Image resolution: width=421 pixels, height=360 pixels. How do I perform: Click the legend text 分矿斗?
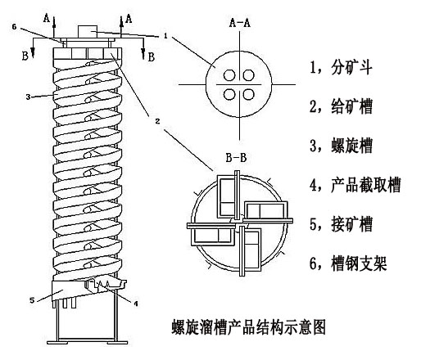(x=352, y=67)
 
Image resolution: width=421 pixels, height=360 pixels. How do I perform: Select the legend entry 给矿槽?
(x=352, y=106)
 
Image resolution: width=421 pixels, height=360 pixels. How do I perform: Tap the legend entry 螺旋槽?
(x=352, y=146)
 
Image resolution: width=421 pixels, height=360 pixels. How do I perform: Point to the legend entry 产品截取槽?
(x=366, y=185)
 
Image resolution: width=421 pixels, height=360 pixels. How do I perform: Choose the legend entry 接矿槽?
(x=352, y=224)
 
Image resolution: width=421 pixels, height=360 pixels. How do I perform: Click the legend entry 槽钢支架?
(x=359, y=263)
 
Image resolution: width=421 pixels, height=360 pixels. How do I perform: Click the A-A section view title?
(x=240, y=23)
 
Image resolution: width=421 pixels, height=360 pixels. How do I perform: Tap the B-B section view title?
(x=237, y=158)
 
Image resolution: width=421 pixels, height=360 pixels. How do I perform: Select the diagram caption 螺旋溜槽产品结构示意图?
(x=249, y=327)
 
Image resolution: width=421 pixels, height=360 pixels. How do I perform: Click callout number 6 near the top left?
(x=14, y=27)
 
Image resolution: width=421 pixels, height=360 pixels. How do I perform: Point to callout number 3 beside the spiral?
(x=28, y=97)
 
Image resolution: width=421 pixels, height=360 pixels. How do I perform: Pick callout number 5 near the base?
(x=32, y=300)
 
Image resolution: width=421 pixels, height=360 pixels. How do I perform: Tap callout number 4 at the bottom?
(x=136, y=304)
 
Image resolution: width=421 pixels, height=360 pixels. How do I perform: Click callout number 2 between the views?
(x=157, y=121)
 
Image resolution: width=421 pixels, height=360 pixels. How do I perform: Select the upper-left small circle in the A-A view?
(x=229, y=75)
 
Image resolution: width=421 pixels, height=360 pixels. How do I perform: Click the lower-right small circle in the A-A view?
(x=249, y=95)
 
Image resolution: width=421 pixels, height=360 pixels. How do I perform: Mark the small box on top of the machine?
(x=88, y=31)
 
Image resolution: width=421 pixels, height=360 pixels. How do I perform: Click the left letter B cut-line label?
(x=25, y=56)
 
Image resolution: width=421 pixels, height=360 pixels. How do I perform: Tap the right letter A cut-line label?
(x=129, y=19)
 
